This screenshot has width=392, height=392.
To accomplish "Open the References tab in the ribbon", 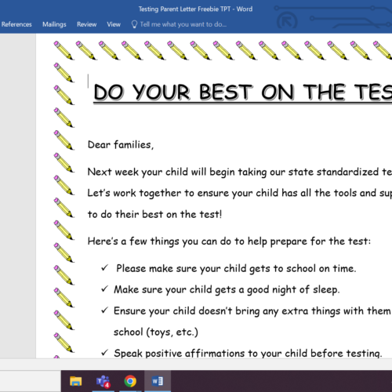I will click(16, 24).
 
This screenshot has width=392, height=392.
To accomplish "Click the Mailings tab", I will click(54, 24).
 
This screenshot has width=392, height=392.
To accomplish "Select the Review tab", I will click(87, 24).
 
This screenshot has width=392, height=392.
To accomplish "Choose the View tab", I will click(114, 24).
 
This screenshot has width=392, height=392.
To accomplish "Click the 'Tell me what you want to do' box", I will click(183, 24).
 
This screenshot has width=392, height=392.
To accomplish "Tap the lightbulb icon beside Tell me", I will click(134, 24).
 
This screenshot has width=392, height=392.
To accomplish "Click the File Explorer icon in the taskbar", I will click(76, 381).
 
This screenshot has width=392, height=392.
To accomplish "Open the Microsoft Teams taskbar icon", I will click(103, 381).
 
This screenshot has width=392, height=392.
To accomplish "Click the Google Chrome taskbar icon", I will click(130, 381).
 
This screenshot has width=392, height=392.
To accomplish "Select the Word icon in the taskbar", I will click(157, 381).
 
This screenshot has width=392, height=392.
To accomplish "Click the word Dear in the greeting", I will click(100, 144).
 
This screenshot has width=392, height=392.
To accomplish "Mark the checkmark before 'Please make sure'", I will click(104, 268).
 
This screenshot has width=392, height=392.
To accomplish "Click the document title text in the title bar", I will click(195, 8).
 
